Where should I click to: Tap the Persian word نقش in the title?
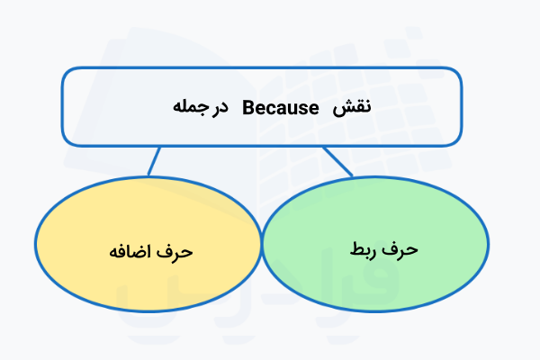click(x=353, y=107)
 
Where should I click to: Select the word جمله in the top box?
click(x=187, y=107)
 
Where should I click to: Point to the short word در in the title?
click(x=220, y=107)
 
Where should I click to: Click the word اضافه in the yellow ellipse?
click(x=131, y=248)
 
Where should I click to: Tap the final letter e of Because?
click(x=316, y=108)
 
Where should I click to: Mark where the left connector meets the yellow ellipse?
click(x=148, y=175)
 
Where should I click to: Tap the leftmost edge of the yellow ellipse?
click(x=35, y=243)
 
